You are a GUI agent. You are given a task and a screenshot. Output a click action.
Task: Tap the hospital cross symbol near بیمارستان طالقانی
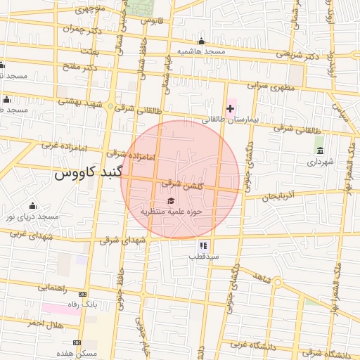coord(230,108)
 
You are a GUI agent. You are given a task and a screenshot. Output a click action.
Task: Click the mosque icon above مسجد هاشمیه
coord(202,41)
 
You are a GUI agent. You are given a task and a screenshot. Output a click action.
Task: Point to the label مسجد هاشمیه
coord(200,52)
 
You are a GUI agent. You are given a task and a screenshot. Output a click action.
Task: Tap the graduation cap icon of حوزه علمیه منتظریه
coord(172,200)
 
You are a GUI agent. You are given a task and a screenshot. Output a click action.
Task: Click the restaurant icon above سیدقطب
coord(203,245)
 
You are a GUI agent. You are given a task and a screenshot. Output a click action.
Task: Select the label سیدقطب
coord(203,257)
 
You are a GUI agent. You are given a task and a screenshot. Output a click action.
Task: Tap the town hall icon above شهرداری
coord(320,150)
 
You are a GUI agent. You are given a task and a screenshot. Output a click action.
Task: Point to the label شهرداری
coord(319,162)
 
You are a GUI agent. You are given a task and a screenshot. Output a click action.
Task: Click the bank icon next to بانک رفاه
coord(84,294)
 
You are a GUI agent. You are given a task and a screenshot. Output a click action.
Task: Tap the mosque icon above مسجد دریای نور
coord(32,205)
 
